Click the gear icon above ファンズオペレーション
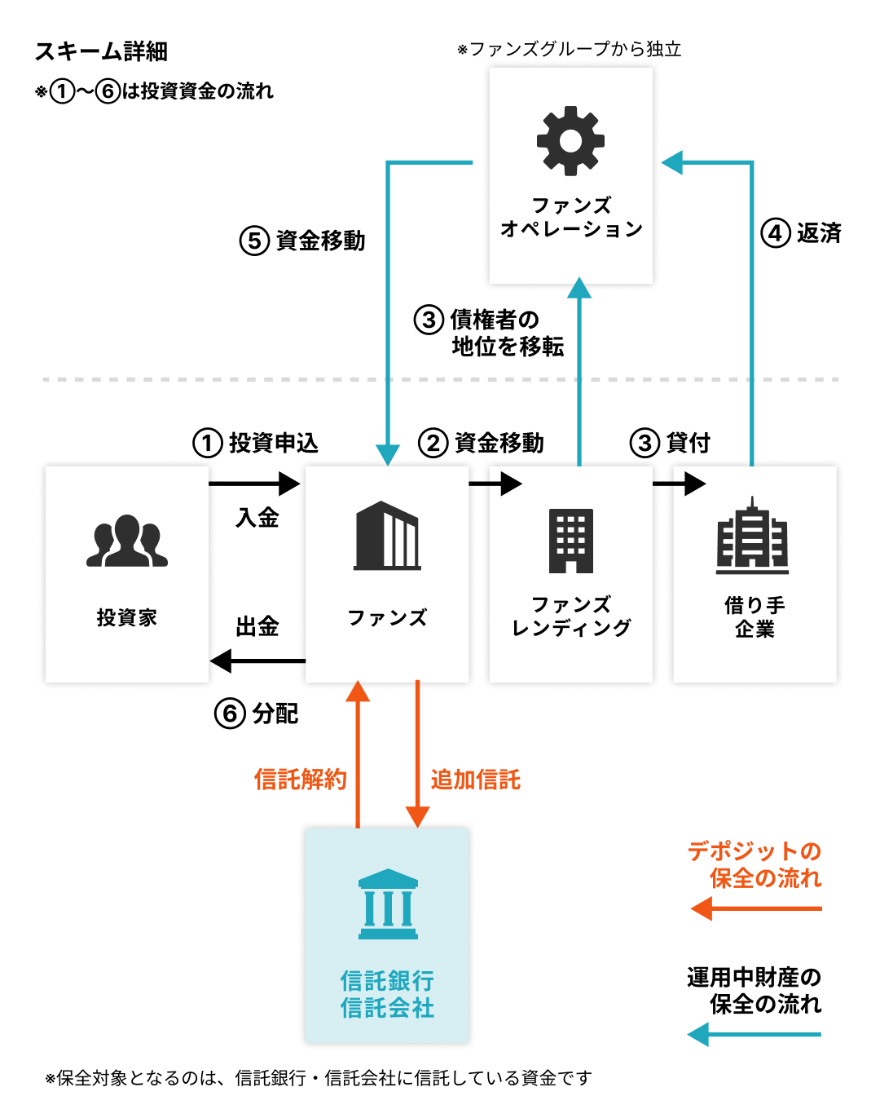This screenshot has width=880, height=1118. (x=570, y=140)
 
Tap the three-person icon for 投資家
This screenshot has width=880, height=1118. (x=127, y=541)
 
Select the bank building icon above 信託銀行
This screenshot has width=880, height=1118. (x=388, y=904)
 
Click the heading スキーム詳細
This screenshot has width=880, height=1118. (x=101, y=51)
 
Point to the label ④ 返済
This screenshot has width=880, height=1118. (x=801, y=233)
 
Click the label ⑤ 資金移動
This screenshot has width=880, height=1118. (x=302, y=241)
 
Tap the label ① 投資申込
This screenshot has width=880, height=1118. (x=256, y=443)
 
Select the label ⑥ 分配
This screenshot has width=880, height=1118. (x=257, y=714)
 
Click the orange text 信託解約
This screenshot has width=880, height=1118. (x=301, y=780)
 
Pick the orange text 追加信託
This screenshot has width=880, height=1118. (x=476, y=780)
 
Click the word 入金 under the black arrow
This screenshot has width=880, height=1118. (x=257, y=518)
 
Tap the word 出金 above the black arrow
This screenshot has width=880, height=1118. (x=257, y=626)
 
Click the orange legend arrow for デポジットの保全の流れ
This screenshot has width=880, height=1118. (x=756, y=908)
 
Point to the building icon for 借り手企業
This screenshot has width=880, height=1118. (x=753, y=536)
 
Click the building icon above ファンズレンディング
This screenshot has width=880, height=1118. (x=570, y=541)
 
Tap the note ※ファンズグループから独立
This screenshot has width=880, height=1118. (x=570, y=49)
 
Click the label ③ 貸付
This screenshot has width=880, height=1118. (x=671, y=443)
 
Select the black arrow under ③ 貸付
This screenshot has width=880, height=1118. (x=679, y=484)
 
